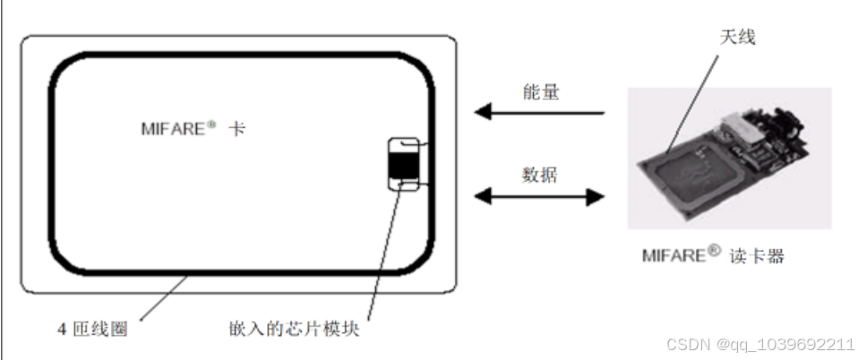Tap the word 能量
pos(541,91)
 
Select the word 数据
pos(540,175)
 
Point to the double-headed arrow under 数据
pos(538,195)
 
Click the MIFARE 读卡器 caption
pos(713,255)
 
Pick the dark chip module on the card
pos(401,164)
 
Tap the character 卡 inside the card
pos(237,129)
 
